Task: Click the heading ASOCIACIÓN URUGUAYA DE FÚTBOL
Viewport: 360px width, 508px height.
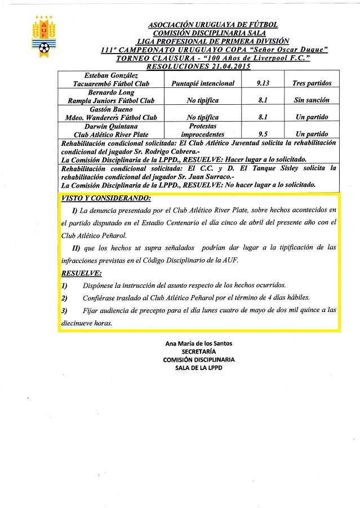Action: coord(212,25)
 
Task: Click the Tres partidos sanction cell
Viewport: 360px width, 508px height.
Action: coord(312,83)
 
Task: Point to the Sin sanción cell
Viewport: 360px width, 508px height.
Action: coord(312,100)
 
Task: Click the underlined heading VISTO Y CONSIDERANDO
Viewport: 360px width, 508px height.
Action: coord(106,199)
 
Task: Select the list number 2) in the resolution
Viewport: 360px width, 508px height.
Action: coord(64,298)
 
